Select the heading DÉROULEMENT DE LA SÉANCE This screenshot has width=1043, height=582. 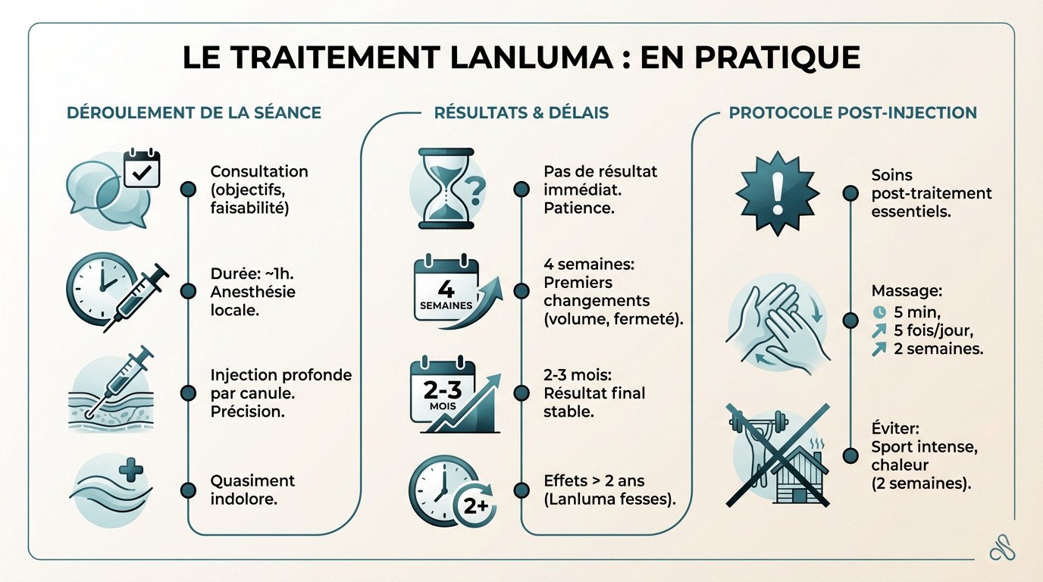pyautogui.click(x=194, y=113)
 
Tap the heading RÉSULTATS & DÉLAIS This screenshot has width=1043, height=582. pyautogui.click(x=521, y=113)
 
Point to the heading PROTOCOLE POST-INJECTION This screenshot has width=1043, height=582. pyautogui.click(x=853, y=113)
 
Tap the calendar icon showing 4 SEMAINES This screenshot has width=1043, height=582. pyautogui.click(x=447, y=293)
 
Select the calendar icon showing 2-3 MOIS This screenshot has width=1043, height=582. pyautogui.click(x=446, y=394)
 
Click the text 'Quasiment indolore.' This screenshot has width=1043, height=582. pyautogui.click(x=252, y=490)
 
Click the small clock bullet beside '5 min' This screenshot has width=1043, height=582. pyautogui.click(x=879, y=311)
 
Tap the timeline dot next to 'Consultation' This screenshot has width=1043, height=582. pyautogui.click(x=187, y=189)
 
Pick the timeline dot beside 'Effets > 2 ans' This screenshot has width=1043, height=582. pyautogui.click(x=521, y=490)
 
